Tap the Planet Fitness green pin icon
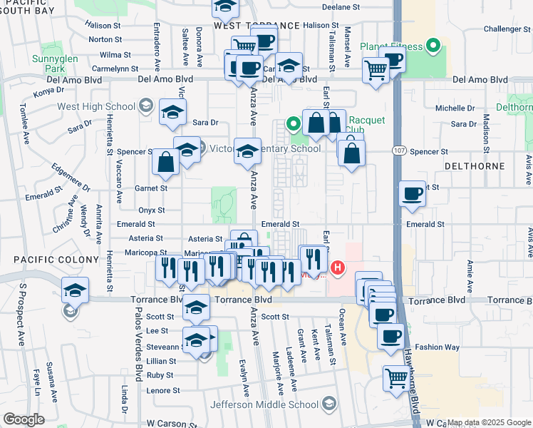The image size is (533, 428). (x=432, y=48)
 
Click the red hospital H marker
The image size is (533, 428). (x=338, y=269)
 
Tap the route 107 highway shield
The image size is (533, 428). (x=400, y=151)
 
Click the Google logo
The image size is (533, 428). (x=24, y=419)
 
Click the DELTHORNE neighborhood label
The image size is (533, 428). (x=474, y=165)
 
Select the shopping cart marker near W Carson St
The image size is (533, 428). (x=394, y=377)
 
